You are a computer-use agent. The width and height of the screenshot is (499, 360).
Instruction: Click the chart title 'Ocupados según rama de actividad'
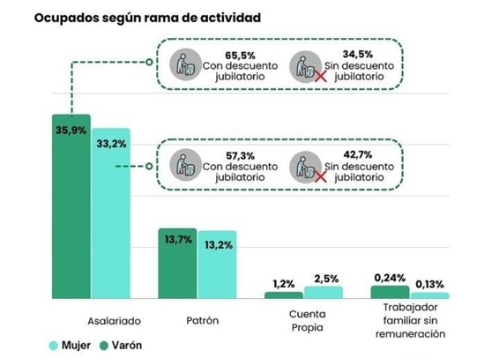click(148, 18)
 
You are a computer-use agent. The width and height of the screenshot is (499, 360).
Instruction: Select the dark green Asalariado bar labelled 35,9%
click(71, 207)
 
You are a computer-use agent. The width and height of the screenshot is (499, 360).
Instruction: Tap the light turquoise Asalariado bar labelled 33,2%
click(112, 214)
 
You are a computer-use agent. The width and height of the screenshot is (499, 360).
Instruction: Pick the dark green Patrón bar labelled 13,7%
click(177, 264)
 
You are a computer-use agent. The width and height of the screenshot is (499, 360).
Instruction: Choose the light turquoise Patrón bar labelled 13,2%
click(218, 265)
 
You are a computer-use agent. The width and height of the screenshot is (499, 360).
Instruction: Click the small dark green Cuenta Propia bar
click(284, 295)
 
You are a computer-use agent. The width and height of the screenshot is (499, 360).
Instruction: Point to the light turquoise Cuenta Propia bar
click(324, 293)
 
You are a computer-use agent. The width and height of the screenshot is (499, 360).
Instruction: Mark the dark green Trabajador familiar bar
click(389, 292)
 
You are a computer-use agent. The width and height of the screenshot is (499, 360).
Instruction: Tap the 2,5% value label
click(326, 279)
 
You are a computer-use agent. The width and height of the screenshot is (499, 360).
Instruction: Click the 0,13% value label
click(430, 284)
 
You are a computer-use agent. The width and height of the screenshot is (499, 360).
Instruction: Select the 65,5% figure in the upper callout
click(240, 55)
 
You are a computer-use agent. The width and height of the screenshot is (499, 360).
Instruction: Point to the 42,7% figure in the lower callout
click(358, 155)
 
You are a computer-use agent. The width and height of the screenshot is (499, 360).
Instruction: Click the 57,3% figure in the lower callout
click(240, 156)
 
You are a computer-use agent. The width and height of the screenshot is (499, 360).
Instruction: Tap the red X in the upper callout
click(321, 76)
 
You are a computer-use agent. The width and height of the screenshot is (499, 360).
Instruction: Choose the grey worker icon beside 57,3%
click(186, 165)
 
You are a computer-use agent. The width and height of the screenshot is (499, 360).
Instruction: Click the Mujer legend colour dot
click(53, 345)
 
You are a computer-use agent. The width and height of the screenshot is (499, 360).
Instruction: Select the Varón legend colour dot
click(104, 345)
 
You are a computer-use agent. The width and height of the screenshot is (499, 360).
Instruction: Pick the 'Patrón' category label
click(202, 320)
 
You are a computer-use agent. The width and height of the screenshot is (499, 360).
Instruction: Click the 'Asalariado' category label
click(114, 321)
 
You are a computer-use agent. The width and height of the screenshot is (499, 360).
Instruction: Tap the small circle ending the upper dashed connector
click(149, 62)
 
